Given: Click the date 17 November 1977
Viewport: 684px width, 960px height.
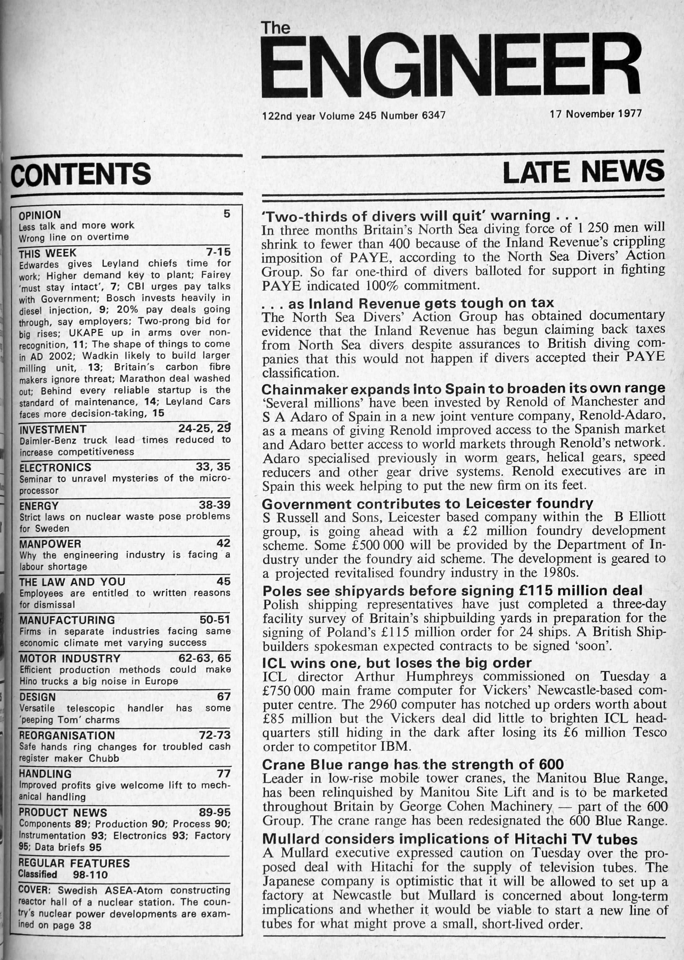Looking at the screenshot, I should pos(595,114).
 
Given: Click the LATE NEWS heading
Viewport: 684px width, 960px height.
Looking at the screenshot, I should pos(583,172).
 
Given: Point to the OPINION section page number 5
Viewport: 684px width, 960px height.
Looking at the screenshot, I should pos(227,214).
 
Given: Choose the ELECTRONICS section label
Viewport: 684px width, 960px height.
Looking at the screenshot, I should pos(55,468).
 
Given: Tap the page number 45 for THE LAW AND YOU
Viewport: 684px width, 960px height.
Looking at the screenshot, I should pos(223,581).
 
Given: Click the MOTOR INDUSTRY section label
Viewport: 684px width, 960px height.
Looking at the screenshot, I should pos(70,658).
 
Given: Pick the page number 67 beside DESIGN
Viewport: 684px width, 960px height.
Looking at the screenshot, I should pos(224,697).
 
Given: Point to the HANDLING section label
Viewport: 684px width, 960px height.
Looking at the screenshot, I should pos(45,774).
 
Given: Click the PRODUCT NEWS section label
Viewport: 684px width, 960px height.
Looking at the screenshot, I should pos(63,813).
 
